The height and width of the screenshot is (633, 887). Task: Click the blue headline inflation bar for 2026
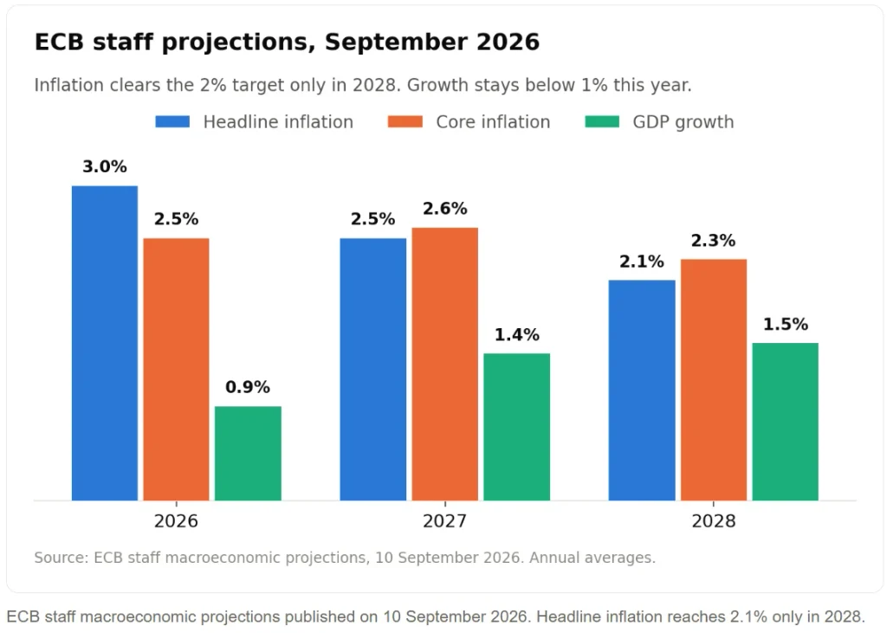click(105, 344)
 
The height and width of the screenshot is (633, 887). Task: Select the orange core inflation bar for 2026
click(176, 370)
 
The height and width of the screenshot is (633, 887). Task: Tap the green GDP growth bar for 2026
click(248, 453)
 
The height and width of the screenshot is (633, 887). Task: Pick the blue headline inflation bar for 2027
click(372, 370)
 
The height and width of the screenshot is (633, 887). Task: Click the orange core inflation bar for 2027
click(444, 365)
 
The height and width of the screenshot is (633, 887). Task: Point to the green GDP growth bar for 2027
click(516, 427)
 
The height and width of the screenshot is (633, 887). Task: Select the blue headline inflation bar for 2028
click(642, 391)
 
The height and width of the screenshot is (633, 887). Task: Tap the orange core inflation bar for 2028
click(714, 380)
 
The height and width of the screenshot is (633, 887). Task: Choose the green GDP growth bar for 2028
click(785, 422)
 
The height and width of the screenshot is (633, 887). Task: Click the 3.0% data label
click(105, 166)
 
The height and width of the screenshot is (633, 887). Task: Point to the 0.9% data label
click(248, 387)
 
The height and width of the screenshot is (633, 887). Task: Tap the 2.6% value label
click(444, 209)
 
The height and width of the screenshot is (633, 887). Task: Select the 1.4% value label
click(516, 335)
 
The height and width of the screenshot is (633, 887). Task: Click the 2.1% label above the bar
click(642, 262)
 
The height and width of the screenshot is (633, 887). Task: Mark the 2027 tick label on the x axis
click(444, 520)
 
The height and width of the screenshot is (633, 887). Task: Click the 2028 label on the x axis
click(714, 520)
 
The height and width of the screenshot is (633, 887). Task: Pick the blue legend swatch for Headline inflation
click(172, 121)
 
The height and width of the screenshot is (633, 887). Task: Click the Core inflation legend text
click(493, 122)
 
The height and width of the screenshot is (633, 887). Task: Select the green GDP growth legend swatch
click(602, 121)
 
